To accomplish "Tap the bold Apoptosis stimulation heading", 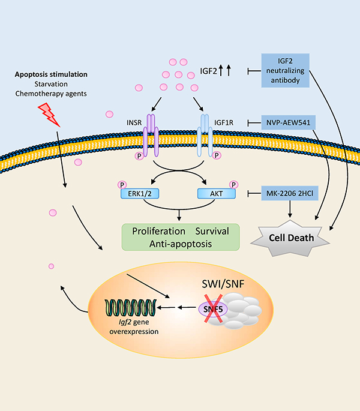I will point(51,75).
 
